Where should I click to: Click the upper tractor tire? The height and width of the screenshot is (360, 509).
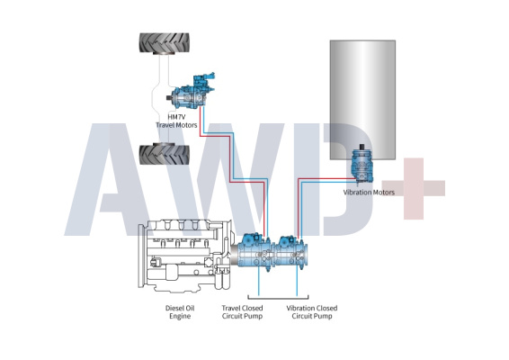coord(165,43)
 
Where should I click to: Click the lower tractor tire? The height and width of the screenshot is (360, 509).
coord(165,154)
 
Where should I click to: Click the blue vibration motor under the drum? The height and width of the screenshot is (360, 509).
coord(362,165)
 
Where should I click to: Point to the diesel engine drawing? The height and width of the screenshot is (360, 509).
coord(185,256)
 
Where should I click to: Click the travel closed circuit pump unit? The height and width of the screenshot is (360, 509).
coord(254,252)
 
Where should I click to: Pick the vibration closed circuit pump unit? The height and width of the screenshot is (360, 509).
coord(291,253)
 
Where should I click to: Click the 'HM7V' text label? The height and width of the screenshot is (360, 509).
coord(176,117)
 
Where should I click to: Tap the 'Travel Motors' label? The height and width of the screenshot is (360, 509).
coord(176,125)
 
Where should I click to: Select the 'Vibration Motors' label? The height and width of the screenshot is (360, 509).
coord(369,192)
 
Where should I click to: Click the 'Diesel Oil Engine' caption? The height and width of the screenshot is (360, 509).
coord(180,312)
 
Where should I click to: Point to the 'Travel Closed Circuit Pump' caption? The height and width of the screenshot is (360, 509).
coord(242,312)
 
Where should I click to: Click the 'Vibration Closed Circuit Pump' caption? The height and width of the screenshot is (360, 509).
coord(312,312)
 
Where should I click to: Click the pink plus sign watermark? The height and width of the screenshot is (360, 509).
coord(414,188)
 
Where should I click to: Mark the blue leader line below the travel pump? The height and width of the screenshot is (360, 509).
coord(259,282)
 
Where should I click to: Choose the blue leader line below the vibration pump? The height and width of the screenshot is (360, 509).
coord(297,282)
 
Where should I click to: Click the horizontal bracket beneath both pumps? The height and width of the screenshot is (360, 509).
coord(278,298)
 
